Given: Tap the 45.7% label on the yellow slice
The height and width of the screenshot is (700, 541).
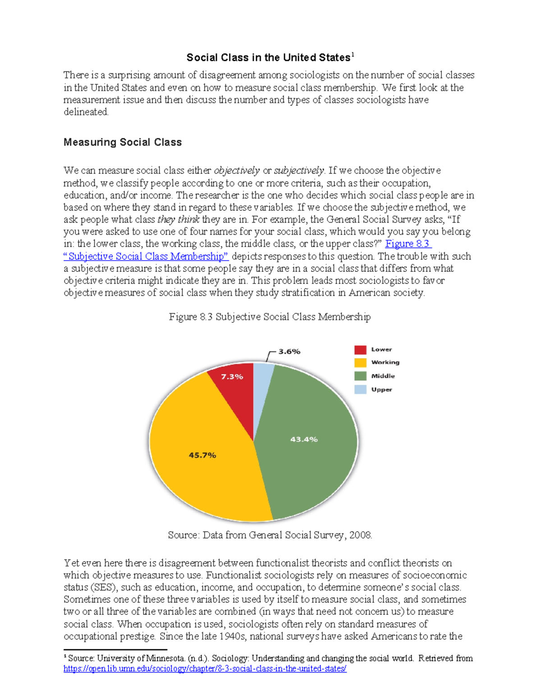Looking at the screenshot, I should click(x=202, y=455).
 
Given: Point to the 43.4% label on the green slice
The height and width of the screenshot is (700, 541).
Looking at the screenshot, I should click(x=304, y=439).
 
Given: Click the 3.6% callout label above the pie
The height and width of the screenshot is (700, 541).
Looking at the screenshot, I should click(x=289, y=352).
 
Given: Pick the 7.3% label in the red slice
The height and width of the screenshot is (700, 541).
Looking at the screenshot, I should click(x=232, y=376).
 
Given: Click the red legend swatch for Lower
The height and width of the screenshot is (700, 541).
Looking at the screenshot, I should click(x=360, y=350).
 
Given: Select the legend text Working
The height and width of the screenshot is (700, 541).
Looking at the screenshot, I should click(x=385, y=362).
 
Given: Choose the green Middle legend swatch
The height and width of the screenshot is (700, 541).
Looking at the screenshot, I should click(x=360, y=376).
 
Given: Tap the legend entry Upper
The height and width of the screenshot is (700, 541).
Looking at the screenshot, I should click(x=381, y=389).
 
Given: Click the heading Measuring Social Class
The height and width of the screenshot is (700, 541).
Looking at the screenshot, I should click(x=123, y=142).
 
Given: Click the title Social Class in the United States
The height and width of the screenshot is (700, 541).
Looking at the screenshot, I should click(x=268, y=58).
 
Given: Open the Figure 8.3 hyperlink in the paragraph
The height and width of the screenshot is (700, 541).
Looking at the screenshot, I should click(x=408, y=244).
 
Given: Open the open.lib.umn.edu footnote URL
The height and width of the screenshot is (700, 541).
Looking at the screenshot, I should click(x=205, y=669).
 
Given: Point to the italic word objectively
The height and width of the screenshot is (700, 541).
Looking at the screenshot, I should click(x=237, y=171).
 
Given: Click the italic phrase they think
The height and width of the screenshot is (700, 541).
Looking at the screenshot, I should click(x=178, y=220).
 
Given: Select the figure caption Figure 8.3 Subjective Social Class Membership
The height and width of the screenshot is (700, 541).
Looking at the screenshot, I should click(x=270, y=317).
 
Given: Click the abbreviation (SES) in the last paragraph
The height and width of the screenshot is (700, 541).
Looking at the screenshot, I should click(x=104, y=588).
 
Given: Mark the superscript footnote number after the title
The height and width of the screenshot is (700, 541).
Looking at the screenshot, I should click(x=353, y=55).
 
